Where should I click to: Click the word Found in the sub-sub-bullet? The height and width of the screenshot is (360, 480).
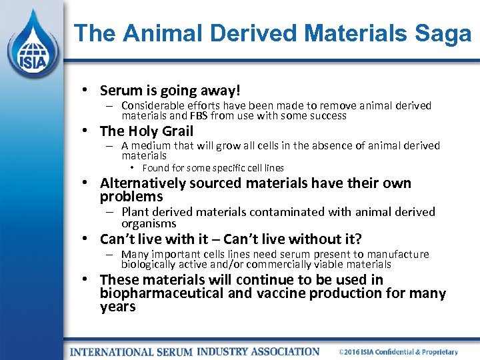point(156,168)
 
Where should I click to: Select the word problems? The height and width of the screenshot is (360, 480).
point(131,197)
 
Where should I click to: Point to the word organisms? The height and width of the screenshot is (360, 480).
point(149,224)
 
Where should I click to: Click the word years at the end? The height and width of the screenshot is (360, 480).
point(117,307)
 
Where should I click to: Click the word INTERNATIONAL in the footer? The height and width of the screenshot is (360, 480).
point(113,351)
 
